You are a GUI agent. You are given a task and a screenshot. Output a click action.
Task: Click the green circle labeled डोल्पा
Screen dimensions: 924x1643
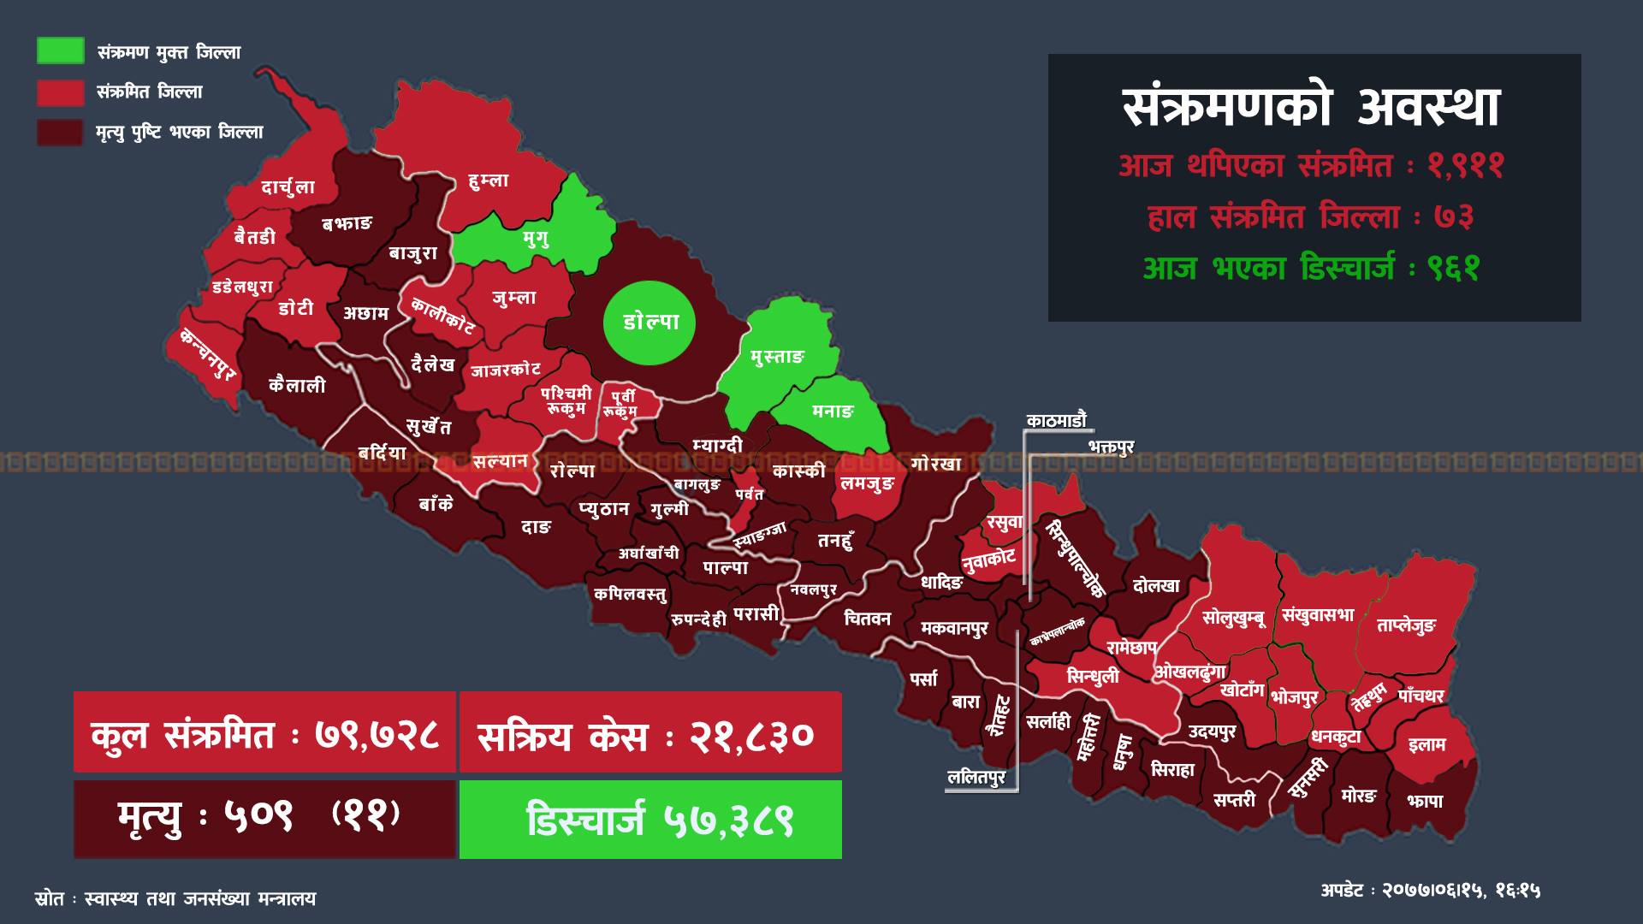click(649, 323)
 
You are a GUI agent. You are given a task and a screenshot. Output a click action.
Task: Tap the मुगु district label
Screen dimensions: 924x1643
click(536, 238)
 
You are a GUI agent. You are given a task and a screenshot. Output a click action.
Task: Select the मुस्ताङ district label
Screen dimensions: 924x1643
click(777, 358)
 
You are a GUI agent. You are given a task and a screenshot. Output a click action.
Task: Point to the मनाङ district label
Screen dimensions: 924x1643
click(833, 412)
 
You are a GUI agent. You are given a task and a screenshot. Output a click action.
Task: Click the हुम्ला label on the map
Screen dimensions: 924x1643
click(489, 181)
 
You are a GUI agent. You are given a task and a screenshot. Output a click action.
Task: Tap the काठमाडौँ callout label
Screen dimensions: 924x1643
click(1056, 420)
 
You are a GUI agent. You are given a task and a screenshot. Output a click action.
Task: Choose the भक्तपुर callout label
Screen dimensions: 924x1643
click(1111, 447)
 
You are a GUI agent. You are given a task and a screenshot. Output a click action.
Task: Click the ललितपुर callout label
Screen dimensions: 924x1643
click(976, 778)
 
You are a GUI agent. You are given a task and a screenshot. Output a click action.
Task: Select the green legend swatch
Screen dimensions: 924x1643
click(60, 51)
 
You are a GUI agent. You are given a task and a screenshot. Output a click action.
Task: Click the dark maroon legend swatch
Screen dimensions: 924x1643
click(60, 132)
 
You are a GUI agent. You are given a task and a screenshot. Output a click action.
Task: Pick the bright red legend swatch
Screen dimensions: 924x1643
click(60, 92)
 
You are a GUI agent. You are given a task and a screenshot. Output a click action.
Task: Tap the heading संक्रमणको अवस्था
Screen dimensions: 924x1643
click(1311, 109)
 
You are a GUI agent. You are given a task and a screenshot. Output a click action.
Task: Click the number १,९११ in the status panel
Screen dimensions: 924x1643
click(1464, 165)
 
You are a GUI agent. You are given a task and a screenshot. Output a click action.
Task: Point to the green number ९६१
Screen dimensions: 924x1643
click(1452, 269)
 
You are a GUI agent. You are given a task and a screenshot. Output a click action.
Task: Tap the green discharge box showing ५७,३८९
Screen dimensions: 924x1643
click(650, 820)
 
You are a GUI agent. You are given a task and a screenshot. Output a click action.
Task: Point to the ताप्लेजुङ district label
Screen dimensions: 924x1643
click(1406, 626)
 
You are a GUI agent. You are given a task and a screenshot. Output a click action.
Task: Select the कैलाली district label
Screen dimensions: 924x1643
click(297, 385)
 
